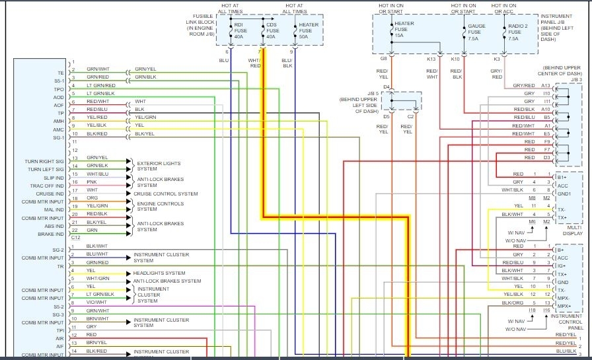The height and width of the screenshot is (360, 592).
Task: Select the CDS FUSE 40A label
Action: (x=272, y=31)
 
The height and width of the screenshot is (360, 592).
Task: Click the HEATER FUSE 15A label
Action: (x=404, y=31)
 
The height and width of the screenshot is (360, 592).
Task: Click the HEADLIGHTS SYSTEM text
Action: (x=159, y=273)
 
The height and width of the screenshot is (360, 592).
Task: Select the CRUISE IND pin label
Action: (x=50, y=194)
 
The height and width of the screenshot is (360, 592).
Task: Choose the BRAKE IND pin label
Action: (x=52, y=234)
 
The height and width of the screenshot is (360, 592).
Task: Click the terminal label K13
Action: (x=431, y=59)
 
